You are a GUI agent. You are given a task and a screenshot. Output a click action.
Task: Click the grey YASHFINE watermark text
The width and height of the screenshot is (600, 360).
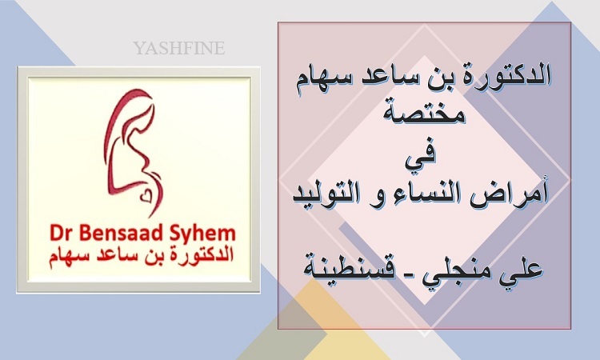(x=178, y=48)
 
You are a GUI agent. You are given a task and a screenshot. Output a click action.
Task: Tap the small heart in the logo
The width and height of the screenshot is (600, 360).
(x=146, y=197)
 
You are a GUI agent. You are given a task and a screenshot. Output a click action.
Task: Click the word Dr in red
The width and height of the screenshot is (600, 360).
(x=60, y=233)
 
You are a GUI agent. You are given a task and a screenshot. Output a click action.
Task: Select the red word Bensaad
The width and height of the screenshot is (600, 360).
(x=120, y=233)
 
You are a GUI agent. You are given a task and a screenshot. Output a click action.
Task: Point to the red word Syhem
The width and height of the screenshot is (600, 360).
(x=202, y=234)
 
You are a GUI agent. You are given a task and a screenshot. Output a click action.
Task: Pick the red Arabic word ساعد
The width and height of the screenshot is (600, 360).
(x=110, y=256)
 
